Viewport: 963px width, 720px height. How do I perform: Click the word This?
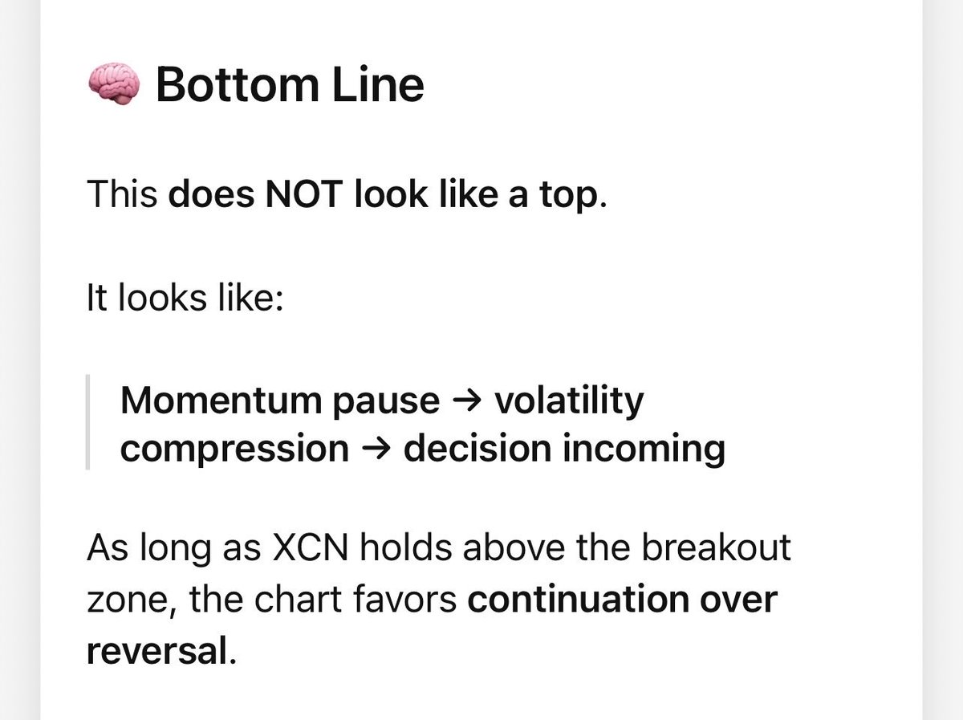pyautogui.click(x=122, y=194)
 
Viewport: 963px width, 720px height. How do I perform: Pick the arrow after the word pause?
pyautogui.click(x=467, y=401)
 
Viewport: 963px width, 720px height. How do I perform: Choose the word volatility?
pyautogui.click(x=569, y=401)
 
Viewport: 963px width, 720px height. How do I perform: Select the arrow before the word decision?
pyautogui.click(x=376, y=448)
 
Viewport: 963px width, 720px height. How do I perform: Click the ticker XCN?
pyautogui.click(x=312, y=549)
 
